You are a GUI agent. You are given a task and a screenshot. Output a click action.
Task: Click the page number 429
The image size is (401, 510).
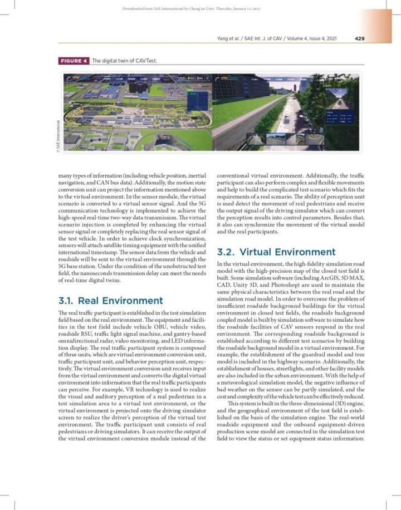click(x=359, y=38)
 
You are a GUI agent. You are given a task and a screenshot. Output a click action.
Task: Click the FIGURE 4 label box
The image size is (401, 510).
click(x=74, y=61)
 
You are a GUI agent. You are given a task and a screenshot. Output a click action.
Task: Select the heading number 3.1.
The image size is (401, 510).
click(x=69, y=301)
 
